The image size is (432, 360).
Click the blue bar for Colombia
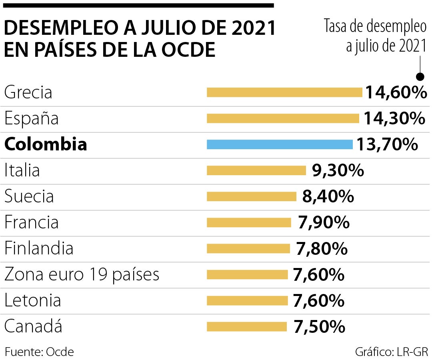[x=280, y=144]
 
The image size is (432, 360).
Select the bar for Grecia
[x=284, y=92]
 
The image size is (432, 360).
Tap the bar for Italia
[x=256, y=170]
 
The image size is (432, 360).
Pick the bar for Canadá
[x=247, y=327]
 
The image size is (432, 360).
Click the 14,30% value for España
[x=394, y=118]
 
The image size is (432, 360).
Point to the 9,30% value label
[x=338, y=170]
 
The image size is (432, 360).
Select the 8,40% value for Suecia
[x=328, y=196]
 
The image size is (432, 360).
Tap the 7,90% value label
[x=324, y=222]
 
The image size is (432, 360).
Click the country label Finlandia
[x=39, y=248]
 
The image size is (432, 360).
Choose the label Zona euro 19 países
[x=82, y=274]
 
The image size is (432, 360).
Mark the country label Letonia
[x=32, y=300]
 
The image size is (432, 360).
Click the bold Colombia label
[x=45, y=144]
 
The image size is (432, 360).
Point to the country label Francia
[x=31, y=222]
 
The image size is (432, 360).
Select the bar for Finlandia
[x=248, y=248]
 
